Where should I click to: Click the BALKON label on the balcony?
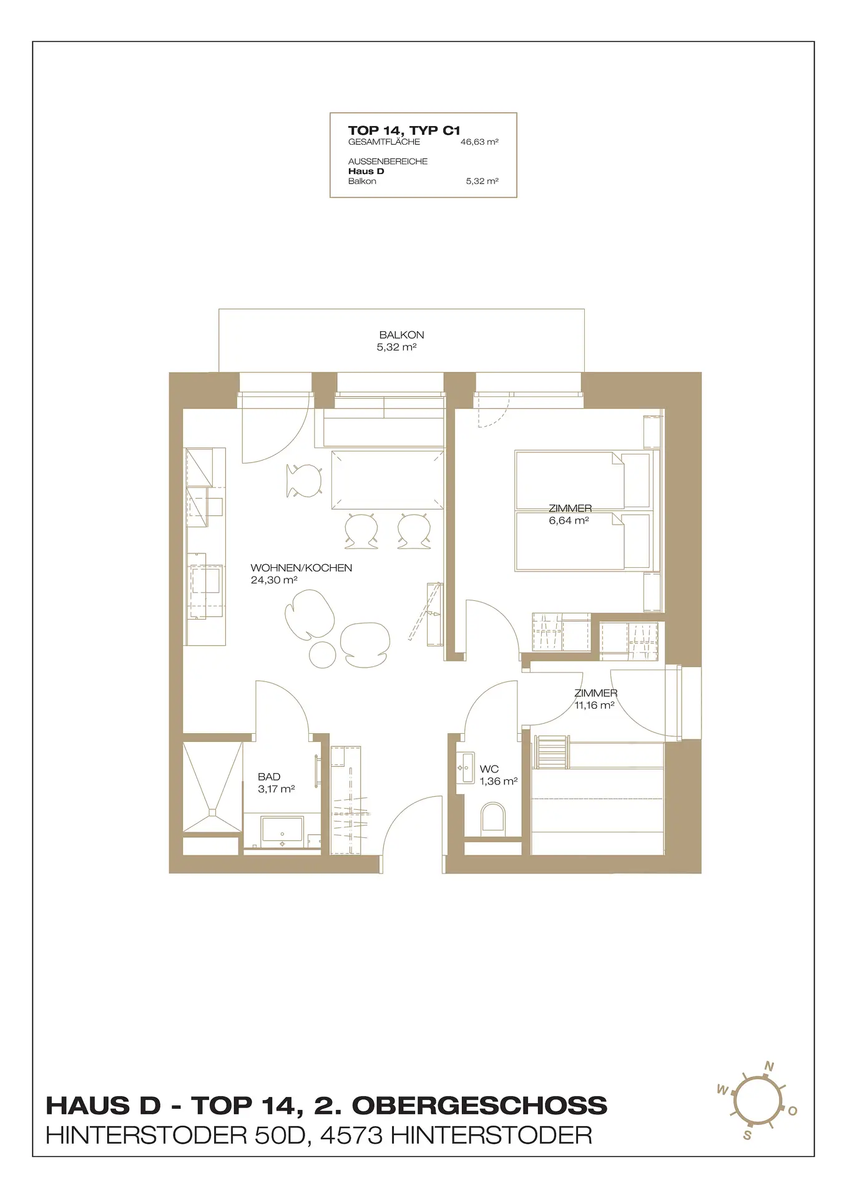401,335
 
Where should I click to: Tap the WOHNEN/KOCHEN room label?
301,568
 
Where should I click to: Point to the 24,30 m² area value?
273,580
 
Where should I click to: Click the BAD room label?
269,777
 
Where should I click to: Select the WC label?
489,769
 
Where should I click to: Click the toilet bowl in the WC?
492,818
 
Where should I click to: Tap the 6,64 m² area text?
569,520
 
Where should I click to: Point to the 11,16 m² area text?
594,705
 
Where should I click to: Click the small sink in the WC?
465,768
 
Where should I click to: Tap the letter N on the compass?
770,1066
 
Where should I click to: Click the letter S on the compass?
747,1136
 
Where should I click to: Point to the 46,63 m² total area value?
479,142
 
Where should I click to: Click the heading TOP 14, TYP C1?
404,130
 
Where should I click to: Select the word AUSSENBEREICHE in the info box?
388,161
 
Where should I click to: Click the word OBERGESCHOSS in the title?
479,1106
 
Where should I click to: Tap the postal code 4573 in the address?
351,1135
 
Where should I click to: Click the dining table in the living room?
387,479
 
